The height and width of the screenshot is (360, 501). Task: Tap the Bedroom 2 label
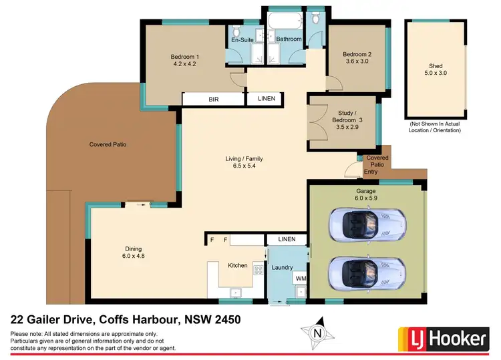pos(357,54)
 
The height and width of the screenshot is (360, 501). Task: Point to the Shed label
pos(436,66)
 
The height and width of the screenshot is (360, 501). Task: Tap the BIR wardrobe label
pos(213,99)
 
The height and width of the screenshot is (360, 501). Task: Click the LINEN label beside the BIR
pos(266,99)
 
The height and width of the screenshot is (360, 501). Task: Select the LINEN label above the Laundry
pos(286,239)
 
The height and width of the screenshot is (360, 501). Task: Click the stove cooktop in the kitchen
pos(257,271)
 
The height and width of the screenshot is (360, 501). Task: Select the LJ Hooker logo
pos(442,339)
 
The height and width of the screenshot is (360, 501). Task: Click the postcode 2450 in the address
pos(225,320)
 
